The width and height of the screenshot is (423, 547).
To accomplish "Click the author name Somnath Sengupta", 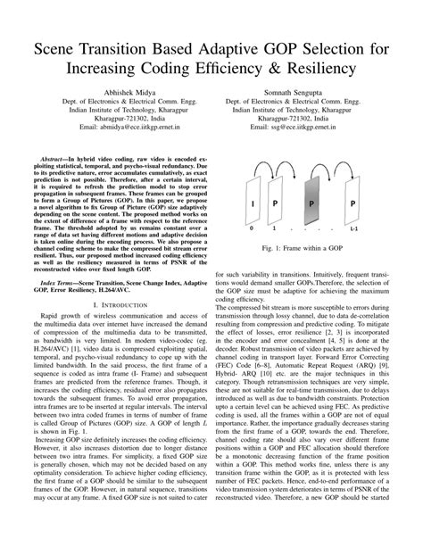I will (x=304, y=94).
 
